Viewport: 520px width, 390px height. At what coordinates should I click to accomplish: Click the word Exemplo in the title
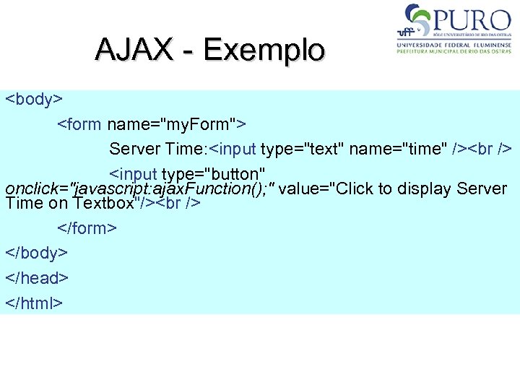[x=264, y=50]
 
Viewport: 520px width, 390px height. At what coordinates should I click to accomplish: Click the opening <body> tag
[x=35, y=99]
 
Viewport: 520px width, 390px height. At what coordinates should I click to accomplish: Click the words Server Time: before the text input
[x=158, y=149]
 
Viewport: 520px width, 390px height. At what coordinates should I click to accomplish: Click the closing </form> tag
[x=87, y=228]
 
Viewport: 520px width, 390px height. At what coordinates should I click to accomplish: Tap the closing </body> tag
[x=37, y=253]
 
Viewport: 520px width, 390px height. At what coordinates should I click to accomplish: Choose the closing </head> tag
[x=37, y=278]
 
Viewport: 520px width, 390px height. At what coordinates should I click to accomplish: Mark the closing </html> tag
[x=34, y=303]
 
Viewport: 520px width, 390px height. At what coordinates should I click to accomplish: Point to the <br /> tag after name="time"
[x=490, y=149]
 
